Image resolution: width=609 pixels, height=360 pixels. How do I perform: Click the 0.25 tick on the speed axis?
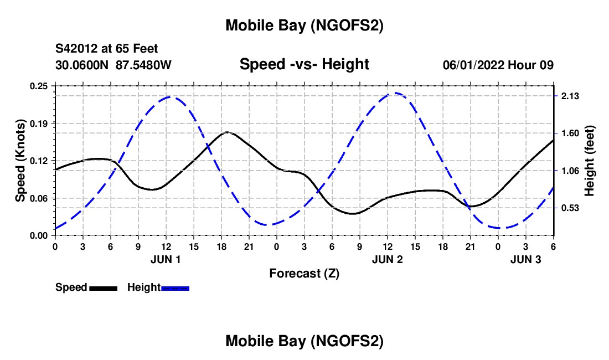(x=38, y=86)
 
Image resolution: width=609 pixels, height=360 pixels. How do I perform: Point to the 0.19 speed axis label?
(x=38, y=123)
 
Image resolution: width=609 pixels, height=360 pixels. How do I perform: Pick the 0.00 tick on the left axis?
(x=38, y=235)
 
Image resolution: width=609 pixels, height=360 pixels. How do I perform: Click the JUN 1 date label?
(x=166, y=259)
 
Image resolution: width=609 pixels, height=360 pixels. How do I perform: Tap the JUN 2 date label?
(x=387, y=259)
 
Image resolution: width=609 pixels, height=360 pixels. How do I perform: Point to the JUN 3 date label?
(x=525, y=259)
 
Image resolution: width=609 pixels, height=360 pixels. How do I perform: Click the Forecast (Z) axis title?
(x=304, y=273)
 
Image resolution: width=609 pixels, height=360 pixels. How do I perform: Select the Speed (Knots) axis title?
(x=20, y=161)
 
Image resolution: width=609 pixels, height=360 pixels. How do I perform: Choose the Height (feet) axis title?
(x=589, y=161)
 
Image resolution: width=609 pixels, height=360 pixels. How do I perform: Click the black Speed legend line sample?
(x=103, y=288)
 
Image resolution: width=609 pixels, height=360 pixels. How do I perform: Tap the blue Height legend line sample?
(x=176, y=288)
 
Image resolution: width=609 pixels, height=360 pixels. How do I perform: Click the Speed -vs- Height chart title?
(x=304, y=65)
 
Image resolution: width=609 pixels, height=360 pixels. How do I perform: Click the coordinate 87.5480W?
(x=144, y=65)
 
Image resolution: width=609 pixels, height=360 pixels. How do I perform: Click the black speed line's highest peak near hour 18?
(x=227, y=132)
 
